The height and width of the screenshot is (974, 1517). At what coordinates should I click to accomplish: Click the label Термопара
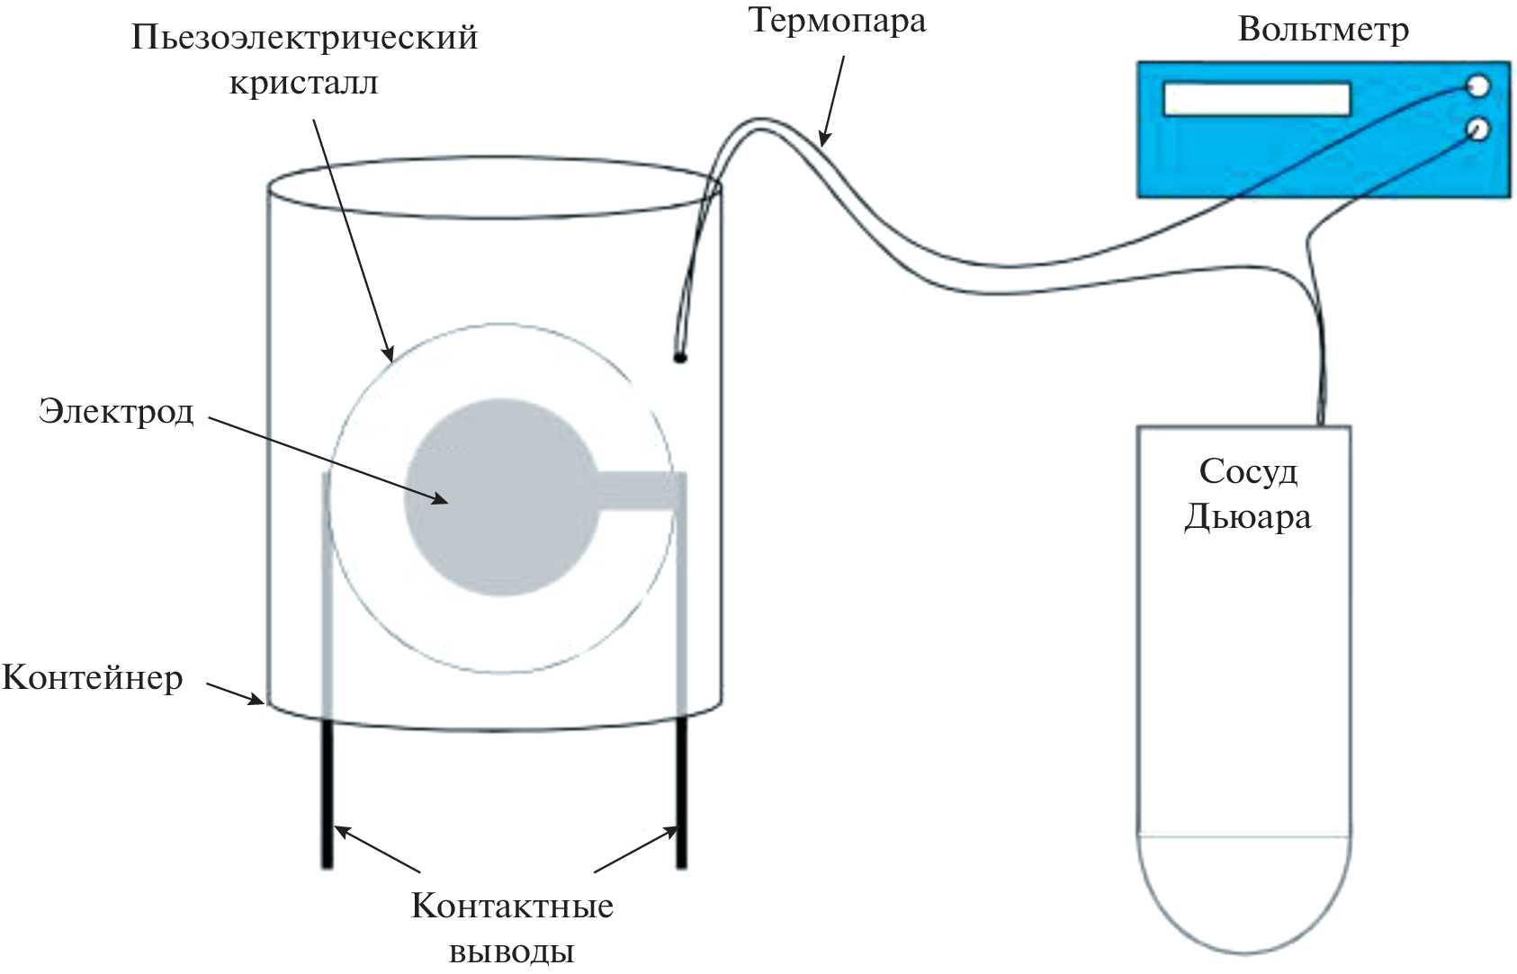[x=837, y=21]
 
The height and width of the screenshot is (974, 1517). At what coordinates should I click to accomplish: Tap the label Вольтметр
[x=1323, y=31]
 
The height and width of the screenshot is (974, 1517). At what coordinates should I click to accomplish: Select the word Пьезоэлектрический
[x=304, y=39]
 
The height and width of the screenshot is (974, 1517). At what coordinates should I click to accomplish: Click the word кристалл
[x=304, y=83]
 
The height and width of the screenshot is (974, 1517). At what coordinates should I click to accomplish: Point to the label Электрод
[x=116, y=412]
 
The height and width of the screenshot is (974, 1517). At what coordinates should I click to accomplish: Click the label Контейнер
[x=93, y=677]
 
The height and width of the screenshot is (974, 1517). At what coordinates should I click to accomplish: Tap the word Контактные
[x=512, y=906]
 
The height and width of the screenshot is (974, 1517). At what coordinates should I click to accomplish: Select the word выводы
[x=512, y=951]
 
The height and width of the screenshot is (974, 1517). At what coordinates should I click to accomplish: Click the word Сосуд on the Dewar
[x=1248, y=471]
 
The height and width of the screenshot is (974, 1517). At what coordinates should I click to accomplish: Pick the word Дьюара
[x=1248, y=517]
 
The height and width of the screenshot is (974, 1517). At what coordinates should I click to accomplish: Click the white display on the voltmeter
[x=1257, y=99]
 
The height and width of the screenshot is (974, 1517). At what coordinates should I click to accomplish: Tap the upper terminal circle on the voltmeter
[x=1477, y=87]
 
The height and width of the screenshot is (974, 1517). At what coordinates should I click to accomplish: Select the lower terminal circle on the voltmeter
[x=1477, y=130]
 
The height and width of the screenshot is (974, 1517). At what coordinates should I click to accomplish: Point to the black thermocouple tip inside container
[x=680, y=357]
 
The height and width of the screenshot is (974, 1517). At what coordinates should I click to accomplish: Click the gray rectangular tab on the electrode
[x=641, y=491]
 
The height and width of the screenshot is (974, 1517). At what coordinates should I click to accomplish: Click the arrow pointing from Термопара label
[x=833, y=99]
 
